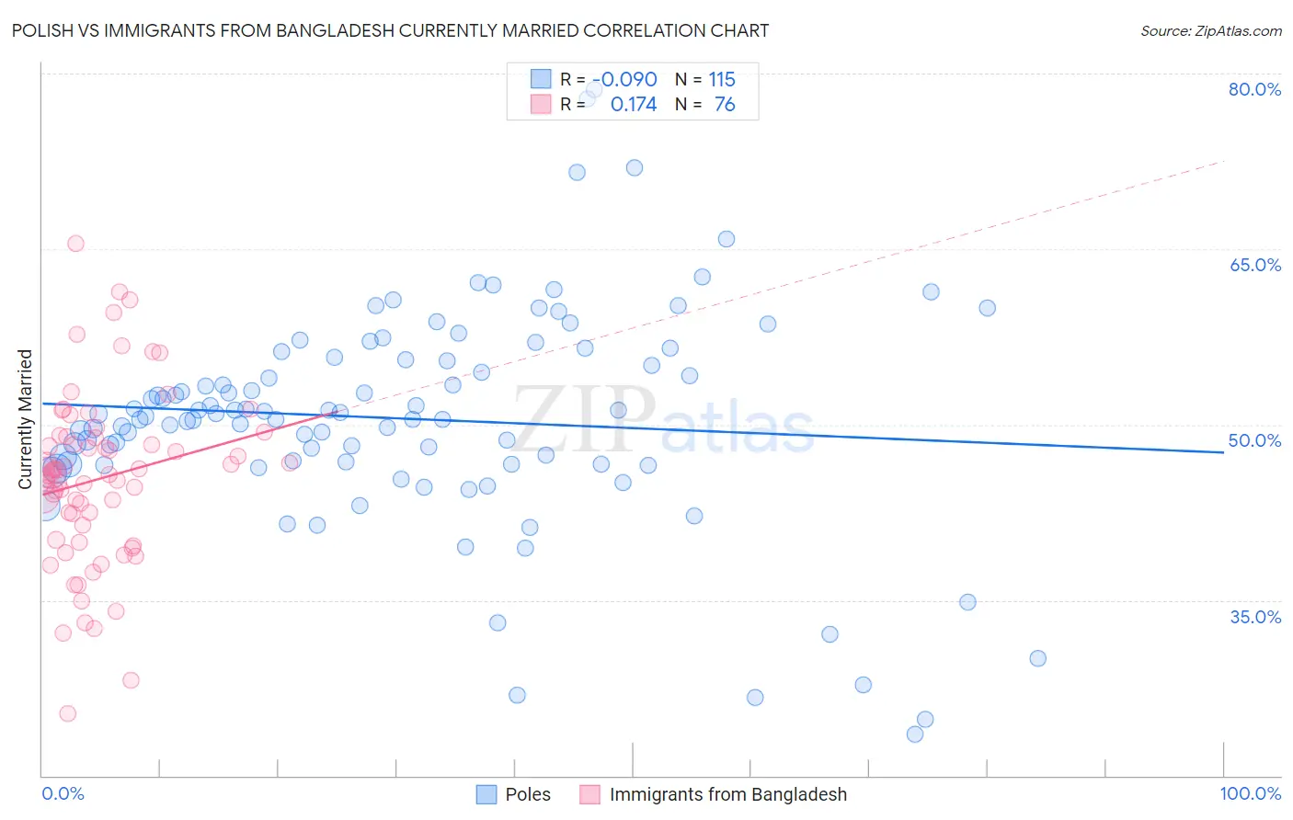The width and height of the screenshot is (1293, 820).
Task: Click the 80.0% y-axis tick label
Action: [1254, 89]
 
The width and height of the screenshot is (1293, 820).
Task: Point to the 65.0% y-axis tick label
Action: [1254, 265]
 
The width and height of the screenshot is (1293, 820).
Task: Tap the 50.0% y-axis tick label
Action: [1254, 440]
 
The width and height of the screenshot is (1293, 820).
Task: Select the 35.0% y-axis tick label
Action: [1254, 616]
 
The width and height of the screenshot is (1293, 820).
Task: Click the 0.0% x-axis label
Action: [63, 793]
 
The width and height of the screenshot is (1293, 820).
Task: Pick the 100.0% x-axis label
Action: [1250, 793]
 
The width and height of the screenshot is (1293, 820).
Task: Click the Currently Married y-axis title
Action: [25, 419]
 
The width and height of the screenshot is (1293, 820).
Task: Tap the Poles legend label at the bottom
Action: [528, 794]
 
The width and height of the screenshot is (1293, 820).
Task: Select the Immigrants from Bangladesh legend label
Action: [727, 794]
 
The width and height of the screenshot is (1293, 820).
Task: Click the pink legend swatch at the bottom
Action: [589, 794]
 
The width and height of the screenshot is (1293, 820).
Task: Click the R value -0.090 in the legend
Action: [624, 80]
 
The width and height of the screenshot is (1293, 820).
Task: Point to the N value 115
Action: [722, 80]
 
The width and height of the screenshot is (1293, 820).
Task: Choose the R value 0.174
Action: [634, 105]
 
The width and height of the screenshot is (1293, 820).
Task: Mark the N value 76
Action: [725, 105]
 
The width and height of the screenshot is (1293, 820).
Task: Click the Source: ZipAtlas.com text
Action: [1210, 31]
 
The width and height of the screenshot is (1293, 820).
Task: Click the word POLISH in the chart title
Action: [45, 31]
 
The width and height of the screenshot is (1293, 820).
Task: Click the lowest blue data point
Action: [915, 734]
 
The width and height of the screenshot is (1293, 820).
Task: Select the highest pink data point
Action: [75, 244]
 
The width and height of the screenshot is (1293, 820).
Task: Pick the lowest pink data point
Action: [67, 713]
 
